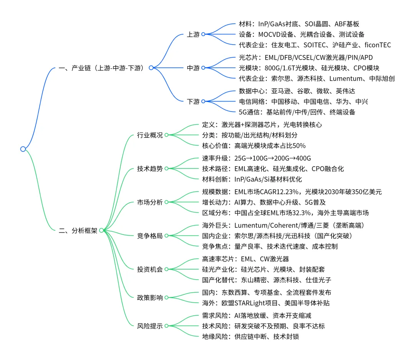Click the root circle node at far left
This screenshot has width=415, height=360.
23,149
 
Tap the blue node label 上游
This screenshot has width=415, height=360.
193,35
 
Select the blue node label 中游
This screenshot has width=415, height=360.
193,68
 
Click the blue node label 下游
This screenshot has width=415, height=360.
193,102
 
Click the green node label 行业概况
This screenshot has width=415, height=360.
150,135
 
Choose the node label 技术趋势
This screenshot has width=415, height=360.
150,168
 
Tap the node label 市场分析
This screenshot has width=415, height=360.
150,202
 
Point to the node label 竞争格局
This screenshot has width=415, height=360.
150,235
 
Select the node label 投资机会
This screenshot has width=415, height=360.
150,269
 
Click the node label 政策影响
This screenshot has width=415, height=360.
150,297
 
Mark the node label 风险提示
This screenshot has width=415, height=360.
150,326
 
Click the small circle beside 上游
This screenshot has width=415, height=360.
203,34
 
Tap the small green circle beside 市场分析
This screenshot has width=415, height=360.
167,202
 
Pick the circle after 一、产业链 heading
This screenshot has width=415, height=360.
151,68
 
